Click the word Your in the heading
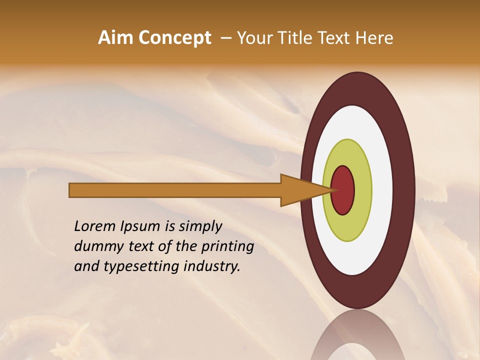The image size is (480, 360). tap(253, 38)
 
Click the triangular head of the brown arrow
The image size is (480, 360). tap(300, 190)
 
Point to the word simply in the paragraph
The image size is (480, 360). tap(199, 227)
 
